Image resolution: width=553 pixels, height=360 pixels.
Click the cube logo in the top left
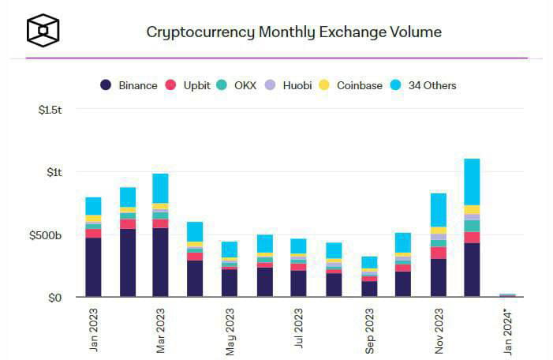42,31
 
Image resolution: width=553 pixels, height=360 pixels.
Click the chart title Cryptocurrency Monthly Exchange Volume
293,32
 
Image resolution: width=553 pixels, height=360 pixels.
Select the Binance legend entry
129,85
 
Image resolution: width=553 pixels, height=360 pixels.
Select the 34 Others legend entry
424,85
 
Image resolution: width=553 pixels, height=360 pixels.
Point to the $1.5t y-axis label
50,110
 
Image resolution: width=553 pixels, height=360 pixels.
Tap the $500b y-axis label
46,235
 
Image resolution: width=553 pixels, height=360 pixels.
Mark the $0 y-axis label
54,298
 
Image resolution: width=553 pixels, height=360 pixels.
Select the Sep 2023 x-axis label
370,328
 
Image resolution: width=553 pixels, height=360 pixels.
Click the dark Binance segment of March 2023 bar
161,262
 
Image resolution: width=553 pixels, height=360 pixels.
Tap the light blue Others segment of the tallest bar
473,182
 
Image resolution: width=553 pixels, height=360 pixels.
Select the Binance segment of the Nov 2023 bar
439,278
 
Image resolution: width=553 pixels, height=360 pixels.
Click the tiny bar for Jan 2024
506,295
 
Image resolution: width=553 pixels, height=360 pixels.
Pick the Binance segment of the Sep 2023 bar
370,289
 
